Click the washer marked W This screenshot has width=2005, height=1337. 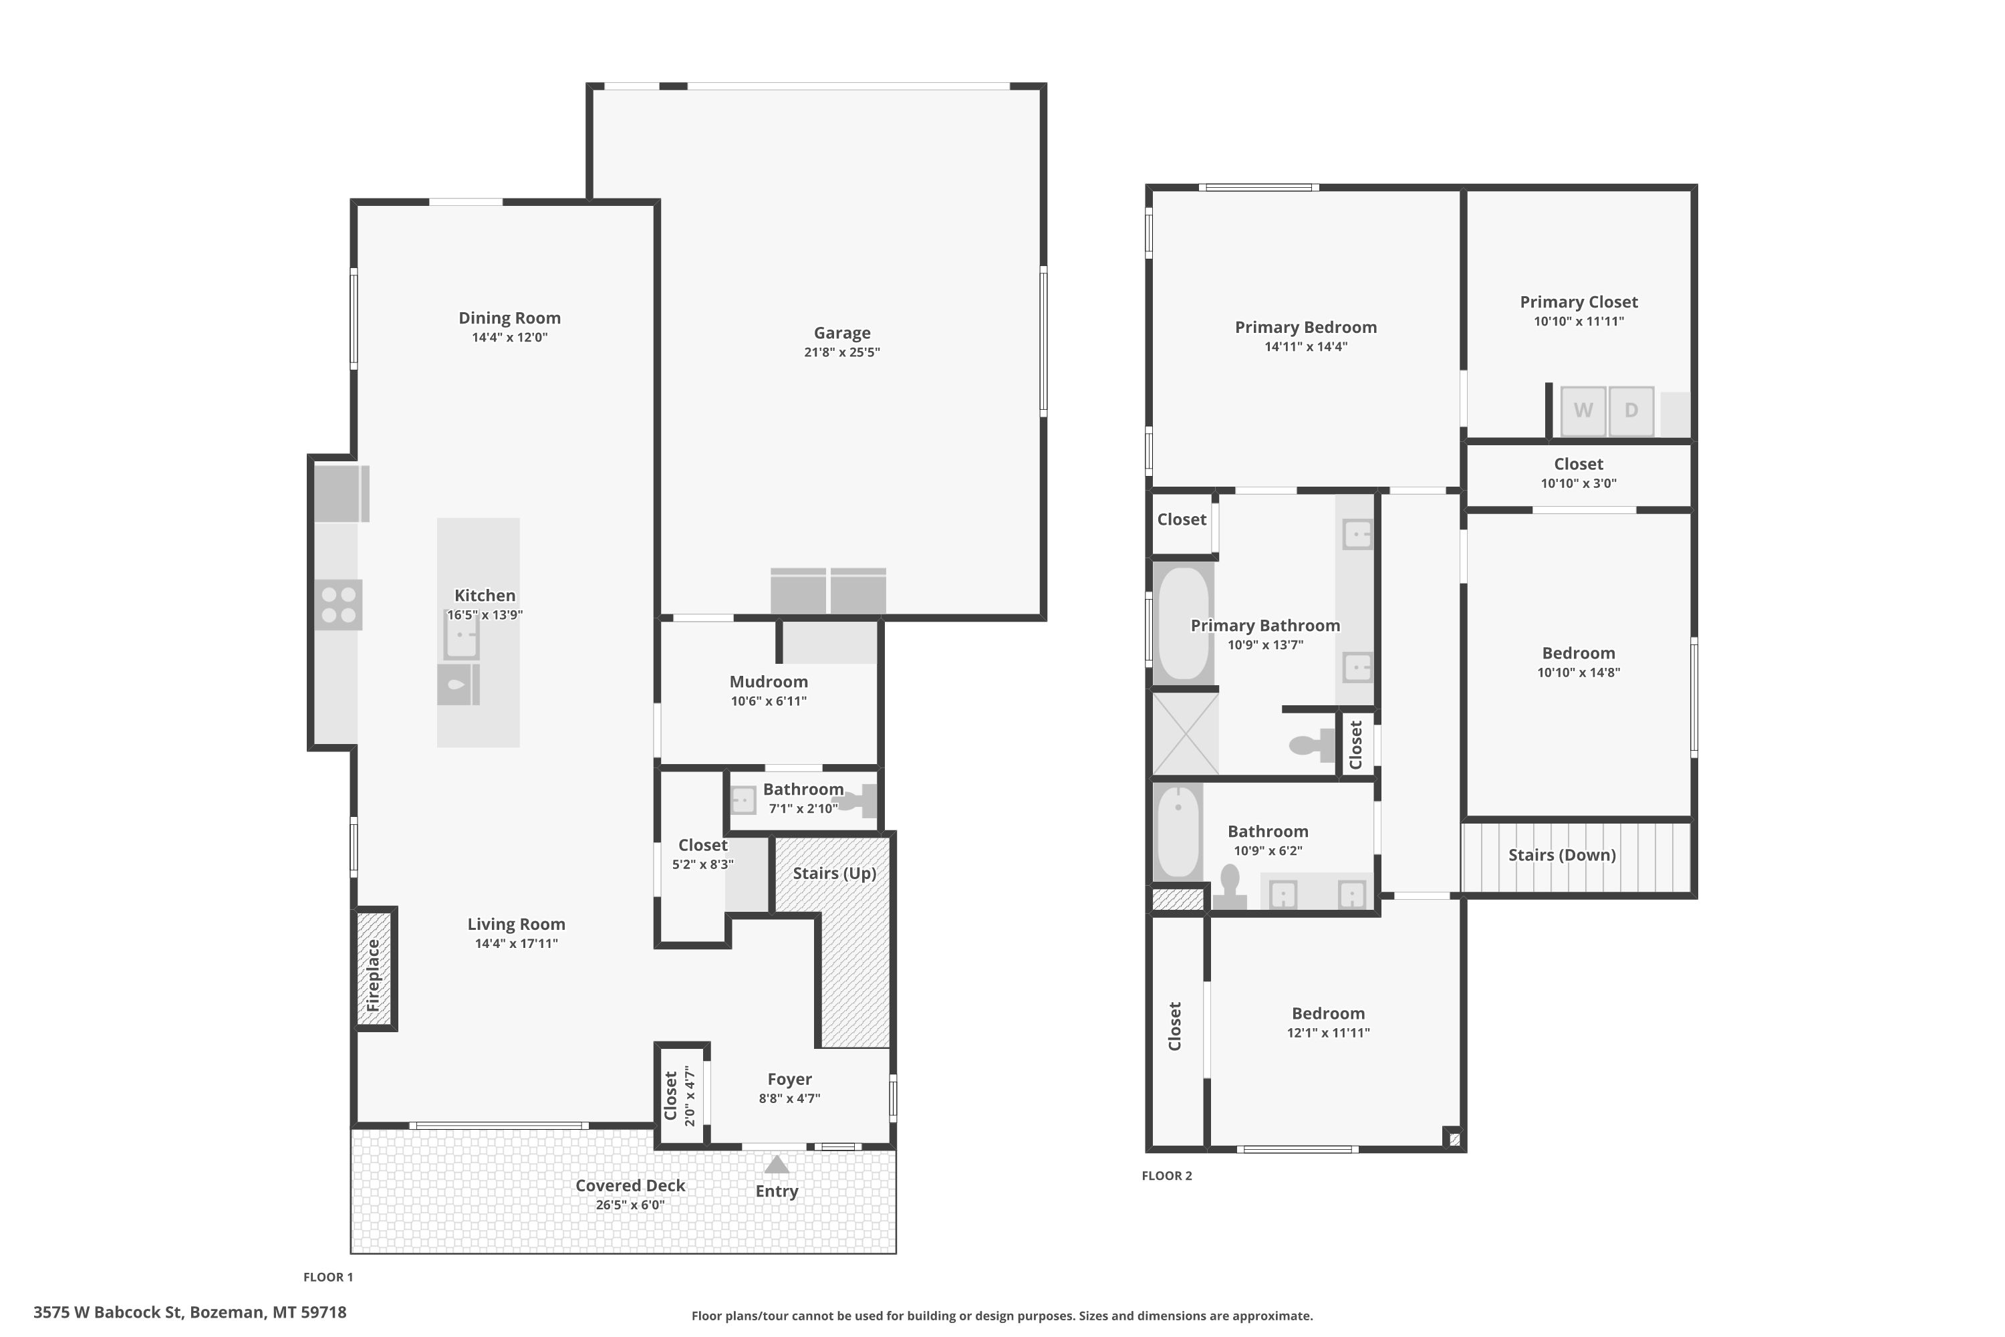tap(1583, 411)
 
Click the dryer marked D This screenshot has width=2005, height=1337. tap(1631, 411)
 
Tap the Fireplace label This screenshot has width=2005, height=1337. tap(374, 975)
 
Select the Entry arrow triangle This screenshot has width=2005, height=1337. tap(776, 1165)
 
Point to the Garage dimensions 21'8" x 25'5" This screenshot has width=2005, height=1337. tap(841, 352)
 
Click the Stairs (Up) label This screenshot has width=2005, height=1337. tap(835, 873)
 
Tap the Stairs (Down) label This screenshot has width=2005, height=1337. tap(1562, 855)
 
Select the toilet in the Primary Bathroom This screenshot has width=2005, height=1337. tap(1312, 745)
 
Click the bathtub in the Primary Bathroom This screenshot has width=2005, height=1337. tap(1184, 623)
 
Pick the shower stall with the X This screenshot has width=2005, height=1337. tap(1186, 733)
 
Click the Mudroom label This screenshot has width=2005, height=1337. tap(769, 681)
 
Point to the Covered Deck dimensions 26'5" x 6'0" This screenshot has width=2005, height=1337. tap(630, 1205)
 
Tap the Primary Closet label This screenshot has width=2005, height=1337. tap(1579, 302)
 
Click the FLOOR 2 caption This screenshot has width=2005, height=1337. tap(1167, 1176)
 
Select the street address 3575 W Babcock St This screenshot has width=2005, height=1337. tap(108, 1312)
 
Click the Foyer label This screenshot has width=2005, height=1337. tap(789, 1080)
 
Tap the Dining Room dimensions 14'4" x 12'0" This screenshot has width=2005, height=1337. tap(510, 338)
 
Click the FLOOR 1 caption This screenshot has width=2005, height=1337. tap(328, 1278)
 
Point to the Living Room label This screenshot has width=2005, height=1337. tap(517, 925)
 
